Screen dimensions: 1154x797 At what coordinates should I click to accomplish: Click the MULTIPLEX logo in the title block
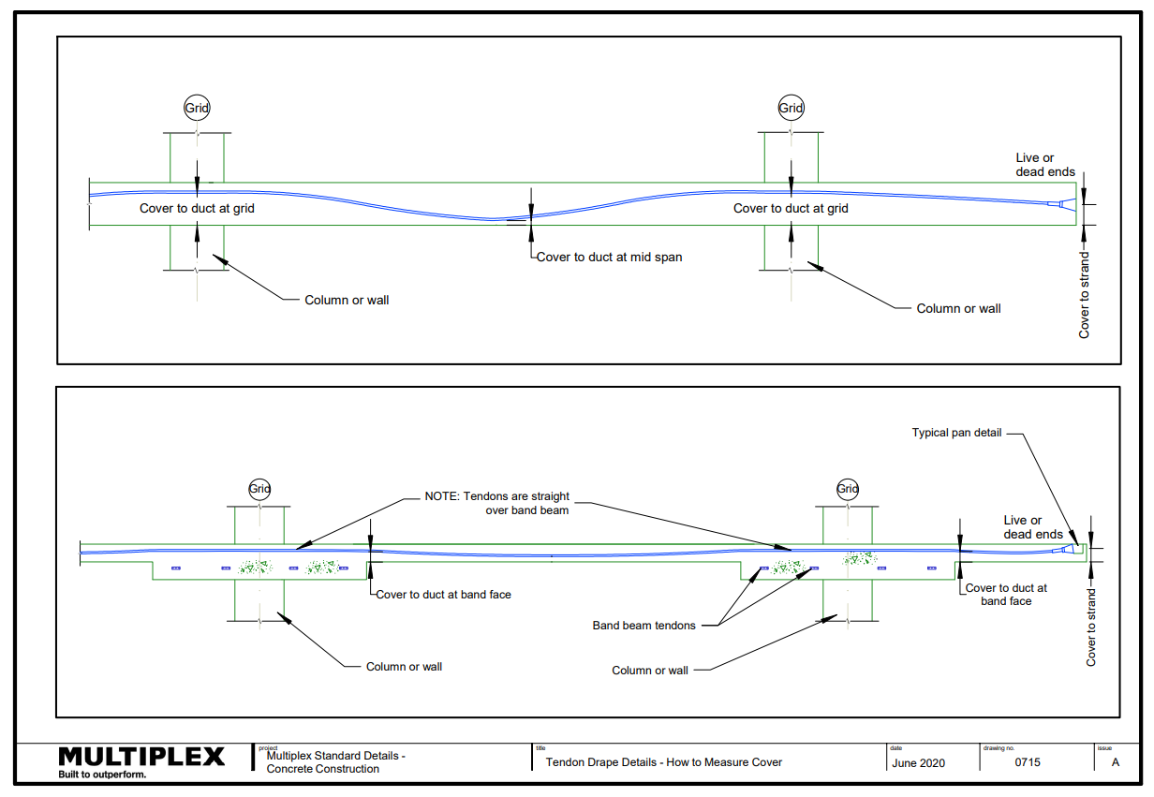pyautogui.click(x=141, y=757)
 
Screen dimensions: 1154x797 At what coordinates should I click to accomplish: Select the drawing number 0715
pyautogui.click(x=1028, y=762)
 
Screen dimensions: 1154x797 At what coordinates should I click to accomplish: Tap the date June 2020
pyautogui.click(x=918, y=763)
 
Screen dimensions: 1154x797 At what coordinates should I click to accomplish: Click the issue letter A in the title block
pyautogui.click(x=1115, y=762)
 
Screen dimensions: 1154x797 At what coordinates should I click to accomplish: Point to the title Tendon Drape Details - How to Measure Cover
pyautogui.click(x=663, y=762)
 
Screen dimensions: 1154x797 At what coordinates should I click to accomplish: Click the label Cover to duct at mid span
pyautogui.click(x=609, y=257)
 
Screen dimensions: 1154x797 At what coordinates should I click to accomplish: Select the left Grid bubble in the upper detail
pyautogui.click(x=197, y=108)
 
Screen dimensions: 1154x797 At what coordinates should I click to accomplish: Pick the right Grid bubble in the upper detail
pyautogui.click(x=791, y=108)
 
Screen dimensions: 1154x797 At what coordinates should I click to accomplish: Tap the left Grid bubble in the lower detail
pyautogui.click(x=259, y=488)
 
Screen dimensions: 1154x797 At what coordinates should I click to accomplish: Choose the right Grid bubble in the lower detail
pyautogui.click(x=848, y=488)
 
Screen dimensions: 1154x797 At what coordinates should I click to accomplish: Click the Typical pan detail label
pyautogui.click(x=956, y=433)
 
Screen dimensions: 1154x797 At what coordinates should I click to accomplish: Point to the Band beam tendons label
pyautogui.click(x=644, y=626)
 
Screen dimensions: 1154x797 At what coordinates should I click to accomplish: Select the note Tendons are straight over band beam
pyautogui.click(x=497, y=503)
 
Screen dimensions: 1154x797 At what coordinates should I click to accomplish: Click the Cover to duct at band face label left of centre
pyautogui.click(x=444, y=595)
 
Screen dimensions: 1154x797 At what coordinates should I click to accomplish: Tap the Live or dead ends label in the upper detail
pyautogui.click(x=1045, y=165)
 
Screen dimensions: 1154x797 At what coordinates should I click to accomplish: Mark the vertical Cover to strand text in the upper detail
pyautogui.click(x=1084, y=295)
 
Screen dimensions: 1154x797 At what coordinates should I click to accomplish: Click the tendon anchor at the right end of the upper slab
pyautogui.click(x=1061, y=204)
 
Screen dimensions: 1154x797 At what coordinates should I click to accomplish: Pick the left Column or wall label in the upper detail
pyautogui.click(x=347, y=301)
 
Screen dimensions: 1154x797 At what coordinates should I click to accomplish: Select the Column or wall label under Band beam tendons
pyautogui.click(x=650, y=671)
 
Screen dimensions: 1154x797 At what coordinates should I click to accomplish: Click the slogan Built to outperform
pyautogui.click(x=102, y=775)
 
